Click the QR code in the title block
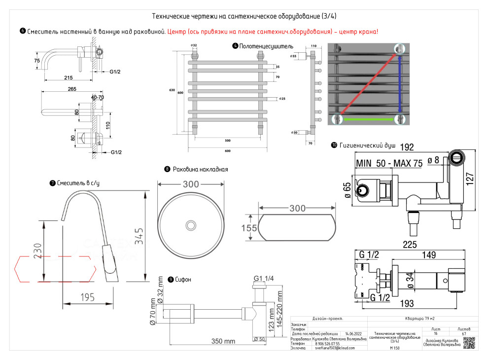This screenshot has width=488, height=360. pyautogui.click(x=469, y=342)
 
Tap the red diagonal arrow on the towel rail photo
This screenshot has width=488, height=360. pyautogui.click(x=367, y=84)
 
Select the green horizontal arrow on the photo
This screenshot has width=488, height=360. pyautogui.click(x=369, y=119)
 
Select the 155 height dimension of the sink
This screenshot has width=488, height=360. pyautogui.click(x=249, y=228)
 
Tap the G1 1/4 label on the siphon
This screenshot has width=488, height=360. pyautogui.click(x=264, y=279)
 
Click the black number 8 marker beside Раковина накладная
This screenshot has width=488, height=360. pyautogui.click(x=168, y=169)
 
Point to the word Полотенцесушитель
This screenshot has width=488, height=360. pyautogui.click(x=266, y=46)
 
